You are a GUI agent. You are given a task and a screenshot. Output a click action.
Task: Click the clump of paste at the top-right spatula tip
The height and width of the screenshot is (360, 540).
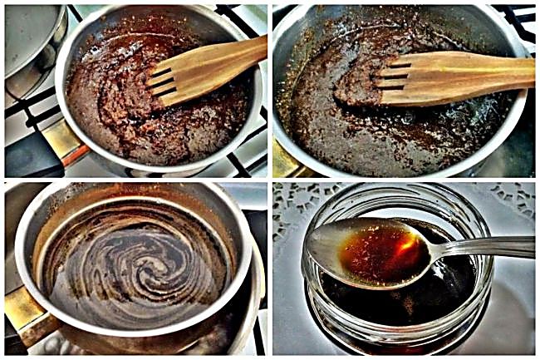click(x=353, y=83)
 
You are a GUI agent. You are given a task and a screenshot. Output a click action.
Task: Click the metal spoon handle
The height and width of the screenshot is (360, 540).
click(x=490, y=247)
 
